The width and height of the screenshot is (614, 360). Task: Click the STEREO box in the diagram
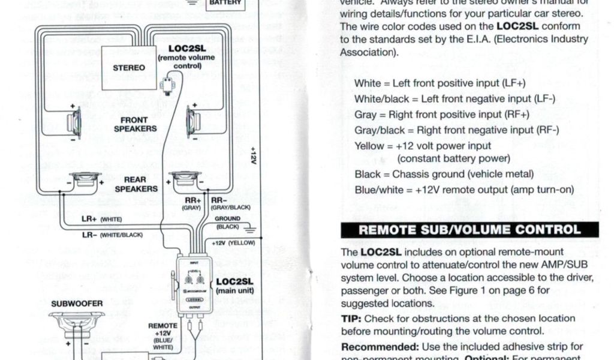pos(129,67)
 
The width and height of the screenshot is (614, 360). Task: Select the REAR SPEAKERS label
pos(136,184)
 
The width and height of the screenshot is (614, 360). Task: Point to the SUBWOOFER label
pos(77,304)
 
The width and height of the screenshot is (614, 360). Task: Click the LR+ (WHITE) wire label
pos(101,219)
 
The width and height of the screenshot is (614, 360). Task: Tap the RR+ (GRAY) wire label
pos(192,204)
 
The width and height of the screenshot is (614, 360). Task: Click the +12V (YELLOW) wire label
pos(233,243)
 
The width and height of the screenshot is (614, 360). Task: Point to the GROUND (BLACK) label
pos(228,223)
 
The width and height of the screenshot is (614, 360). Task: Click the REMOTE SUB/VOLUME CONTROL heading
pos(469,230)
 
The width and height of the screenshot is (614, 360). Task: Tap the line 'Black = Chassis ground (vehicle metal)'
pos(444,175)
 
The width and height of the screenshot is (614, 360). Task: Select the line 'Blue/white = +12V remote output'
pos(464,190)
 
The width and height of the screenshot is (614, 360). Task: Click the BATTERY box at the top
pos(225,4)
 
